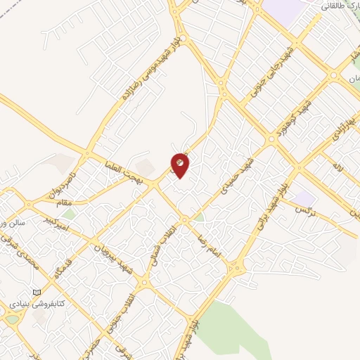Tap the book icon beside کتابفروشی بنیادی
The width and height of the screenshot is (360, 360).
pyautogui.click(x=37, y=292)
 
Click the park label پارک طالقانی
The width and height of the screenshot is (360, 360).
pyautogui.click(x=341, y=6)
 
